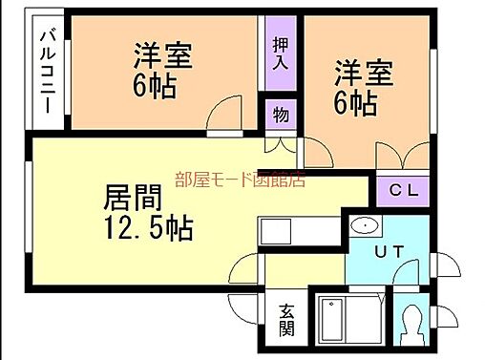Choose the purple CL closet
point(404,190)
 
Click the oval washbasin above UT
point(364,225)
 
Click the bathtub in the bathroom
point(346,320)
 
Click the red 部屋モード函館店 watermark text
point(240,179)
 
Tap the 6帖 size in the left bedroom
point(154,86)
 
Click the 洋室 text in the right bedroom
point(363,73)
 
